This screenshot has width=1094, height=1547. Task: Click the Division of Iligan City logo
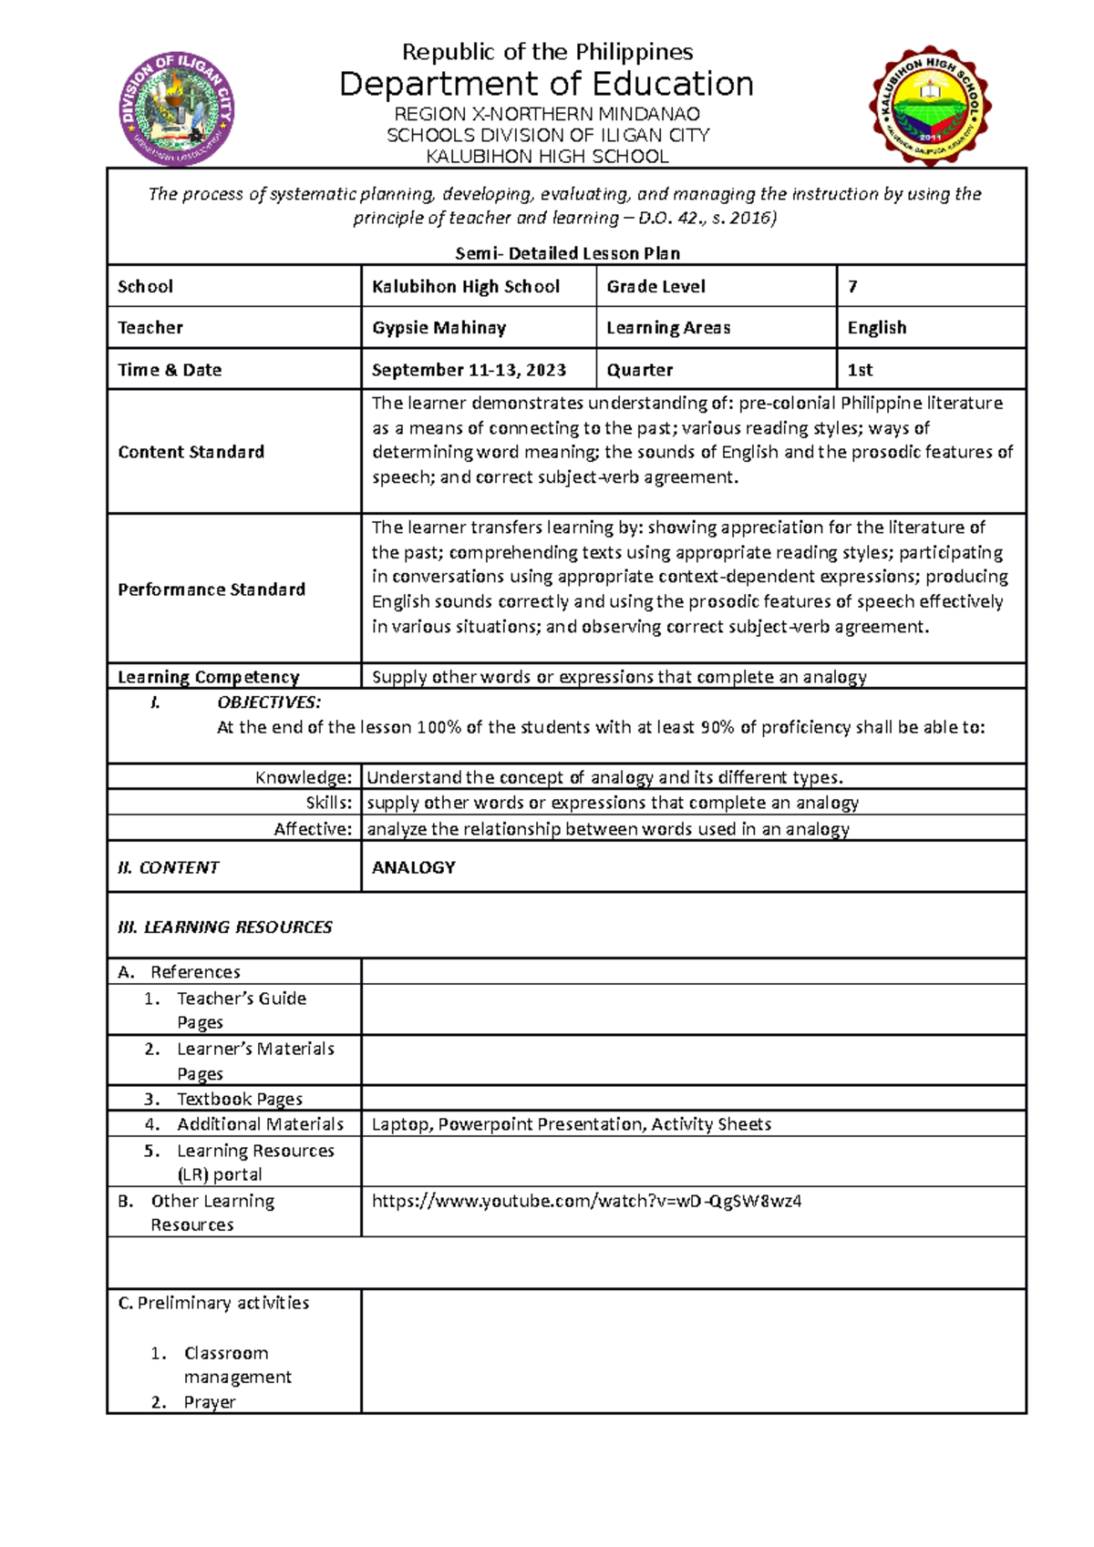tap(178, 108)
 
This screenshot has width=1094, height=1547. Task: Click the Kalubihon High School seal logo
tap(930, 106)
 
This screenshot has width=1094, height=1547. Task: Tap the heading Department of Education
tap(546, 84)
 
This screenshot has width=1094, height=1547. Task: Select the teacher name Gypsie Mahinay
tap(439, 327)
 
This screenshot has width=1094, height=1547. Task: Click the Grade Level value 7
tap(852, 286)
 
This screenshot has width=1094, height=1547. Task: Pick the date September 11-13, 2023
tap(469, 370)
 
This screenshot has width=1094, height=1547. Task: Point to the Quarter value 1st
tap(860, 370)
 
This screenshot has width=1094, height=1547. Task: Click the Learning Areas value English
tap(876, 327)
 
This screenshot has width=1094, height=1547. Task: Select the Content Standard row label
tap(191, 452)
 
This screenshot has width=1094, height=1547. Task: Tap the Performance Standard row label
tap(211, 589)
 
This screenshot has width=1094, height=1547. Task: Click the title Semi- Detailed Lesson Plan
tap(567, 253)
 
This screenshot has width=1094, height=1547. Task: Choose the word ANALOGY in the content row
tap(413, 867)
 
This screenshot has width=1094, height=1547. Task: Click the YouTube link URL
tap(586, 1201)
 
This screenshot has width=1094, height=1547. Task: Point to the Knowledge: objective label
tap(303, 777)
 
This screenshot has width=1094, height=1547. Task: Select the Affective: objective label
tap(313, 829)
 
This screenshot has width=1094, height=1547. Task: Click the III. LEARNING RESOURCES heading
tap(225, 927)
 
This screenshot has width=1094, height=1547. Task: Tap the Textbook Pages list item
tap(239, 1099)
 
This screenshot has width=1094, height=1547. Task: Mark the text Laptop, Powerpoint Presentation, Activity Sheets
tap(571, 1124)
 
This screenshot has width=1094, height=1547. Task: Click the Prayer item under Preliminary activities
tap(209, 1402)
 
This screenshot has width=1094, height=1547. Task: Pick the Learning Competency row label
tap(208, 677)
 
